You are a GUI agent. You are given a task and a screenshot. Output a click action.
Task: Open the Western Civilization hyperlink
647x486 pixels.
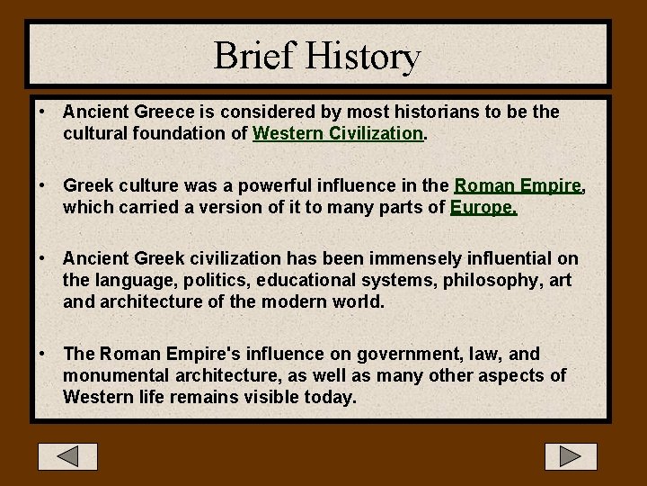(x=338, y=134)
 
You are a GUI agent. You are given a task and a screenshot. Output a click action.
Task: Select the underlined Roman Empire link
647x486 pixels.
(x=518, y=186)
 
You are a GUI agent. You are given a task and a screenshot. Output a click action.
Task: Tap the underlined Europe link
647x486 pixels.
(x=483, y=208)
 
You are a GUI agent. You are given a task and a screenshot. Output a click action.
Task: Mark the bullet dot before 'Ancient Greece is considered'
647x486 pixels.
(x=42, y=112)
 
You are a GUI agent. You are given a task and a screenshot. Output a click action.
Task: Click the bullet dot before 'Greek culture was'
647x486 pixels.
(x=42, y=186)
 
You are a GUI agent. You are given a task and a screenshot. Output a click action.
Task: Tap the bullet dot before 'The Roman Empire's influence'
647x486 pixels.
(x=42, y=355)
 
